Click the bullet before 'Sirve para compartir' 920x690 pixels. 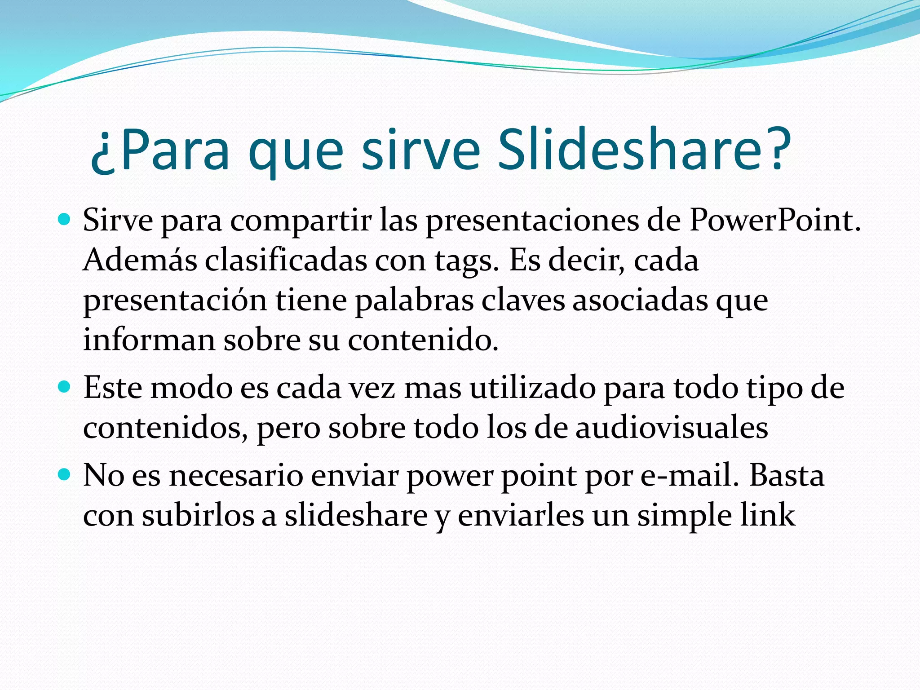[65, 220]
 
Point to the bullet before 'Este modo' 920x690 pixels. [65, 386]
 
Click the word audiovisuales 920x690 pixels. [672, 427]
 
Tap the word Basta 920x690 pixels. [787, 475]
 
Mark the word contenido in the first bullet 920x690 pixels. [423, 340]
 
